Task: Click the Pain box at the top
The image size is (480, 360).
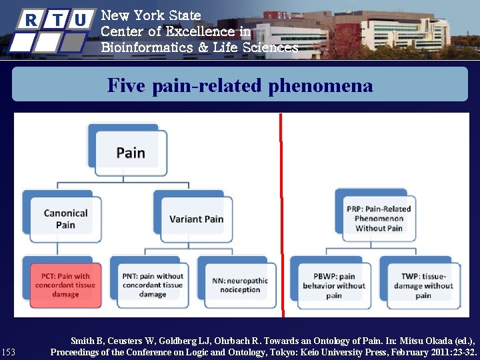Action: click(x=131, y=153)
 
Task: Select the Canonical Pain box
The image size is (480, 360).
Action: click(x=65, y=219)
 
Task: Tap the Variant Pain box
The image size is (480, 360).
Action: click(x=196, y=219)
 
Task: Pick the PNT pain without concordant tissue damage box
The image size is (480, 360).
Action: click(x=153, y=285)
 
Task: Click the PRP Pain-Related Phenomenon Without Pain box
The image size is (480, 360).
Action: click(x=379, y=218)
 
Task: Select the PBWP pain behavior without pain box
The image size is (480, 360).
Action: click(x=334, y=285)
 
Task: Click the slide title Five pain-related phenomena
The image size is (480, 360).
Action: click(x=240, y=85)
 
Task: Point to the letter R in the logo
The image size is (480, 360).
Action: click(x=31, y=20)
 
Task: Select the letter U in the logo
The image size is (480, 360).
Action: click(x=81, y=20)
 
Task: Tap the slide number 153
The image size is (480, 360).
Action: click(x=9, y=351)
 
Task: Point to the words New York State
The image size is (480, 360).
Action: click(x=151, y=15)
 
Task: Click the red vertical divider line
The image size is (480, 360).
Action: click(x=281, y=213)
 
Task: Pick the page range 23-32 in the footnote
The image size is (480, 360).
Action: click(x=463, y=351)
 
